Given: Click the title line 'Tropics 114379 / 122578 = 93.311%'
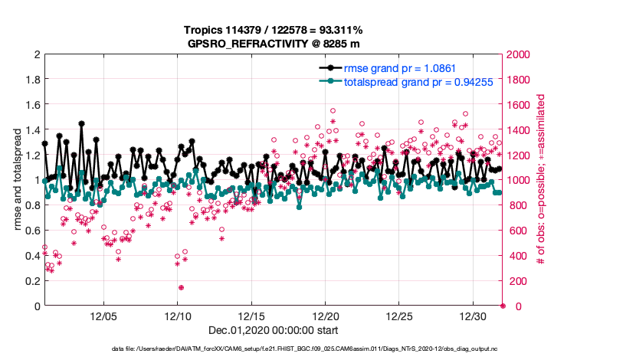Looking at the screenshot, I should point(273,30).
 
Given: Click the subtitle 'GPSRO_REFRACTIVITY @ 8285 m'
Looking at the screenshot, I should point(273,44).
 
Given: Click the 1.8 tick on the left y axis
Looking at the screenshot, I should point(32,80).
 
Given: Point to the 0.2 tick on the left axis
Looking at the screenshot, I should point(32,281).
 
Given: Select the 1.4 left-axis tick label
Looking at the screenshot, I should point(32,130).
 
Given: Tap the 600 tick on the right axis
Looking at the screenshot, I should point(516,231).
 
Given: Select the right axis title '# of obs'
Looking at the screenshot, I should point(541,180).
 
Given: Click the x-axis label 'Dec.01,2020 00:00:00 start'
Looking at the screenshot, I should point(273,330).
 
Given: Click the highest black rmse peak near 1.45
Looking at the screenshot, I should point(81,123).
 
